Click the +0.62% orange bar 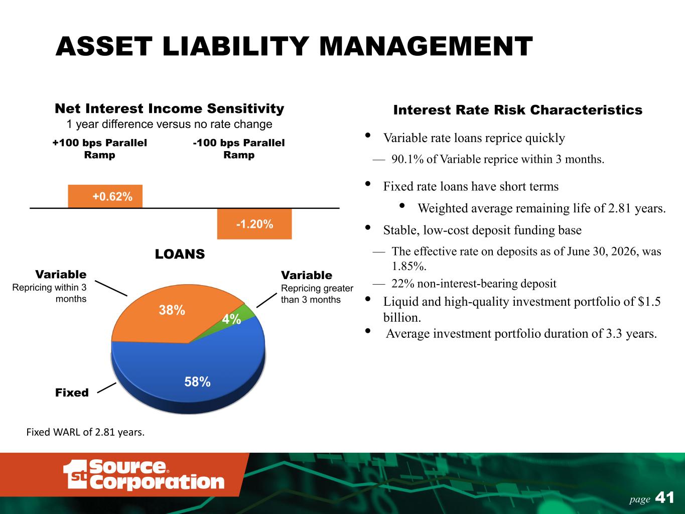tap(105, 196)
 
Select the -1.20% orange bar tap(254, 224)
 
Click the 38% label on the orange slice tap(172, 310)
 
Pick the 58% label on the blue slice tap(198, 381)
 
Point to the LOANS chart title tap(180, 254)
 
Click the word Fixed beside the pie tap(72, 393)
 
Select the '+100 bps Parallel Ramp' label tap(99, 149)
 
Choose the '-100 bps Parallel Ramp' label tap(239, 149)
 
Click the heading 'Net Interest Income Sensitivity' tap(170, 108)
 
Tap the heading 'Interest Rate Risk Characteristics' tap(518, 110)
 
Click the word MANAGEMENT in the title tap(426, 46)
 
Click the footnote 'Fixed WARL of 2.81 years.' tap(85, 432)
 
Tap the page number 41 tap(665, 497)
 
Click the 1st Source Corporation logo tap(144, 474)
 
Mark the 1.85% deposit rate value tap(409, 266)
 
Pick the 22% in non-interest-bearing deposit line tap(403, 284)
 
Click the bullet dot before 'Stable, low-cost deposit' tap(368, 227)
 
